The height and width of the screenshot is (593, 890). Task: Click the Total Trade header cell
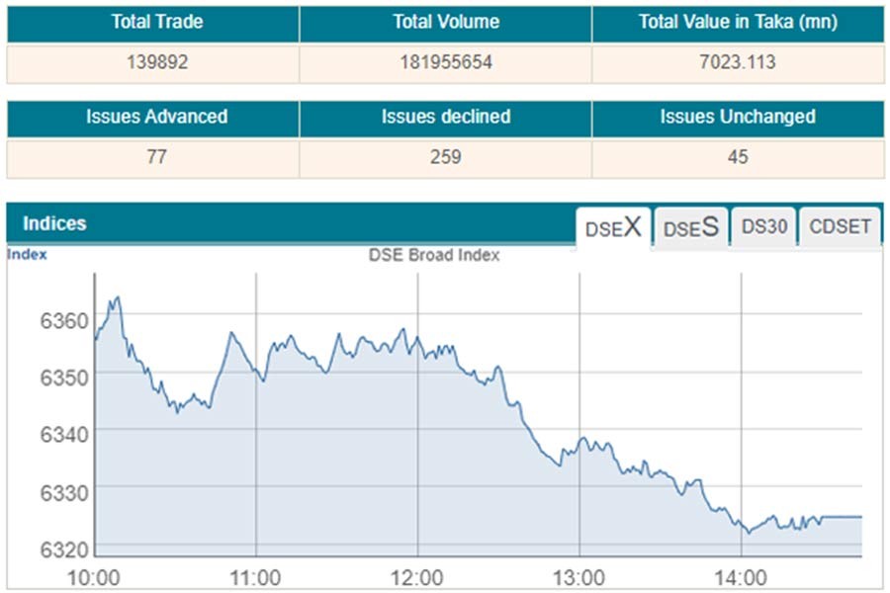pyautogui.click(x=156, y=22)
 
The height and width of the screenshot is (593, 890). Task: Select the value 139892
pyautogui.click(x=156, y=62)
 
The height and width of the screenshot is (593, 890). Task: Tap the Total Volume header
pyautogui.click(x=445, y=22)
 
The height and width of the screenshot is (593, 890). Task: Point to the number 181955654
pyautogui.click(x=445, y=62)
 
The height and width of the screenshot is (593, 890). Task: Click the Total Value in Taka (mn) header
pyautogui.click(x=738, y=22)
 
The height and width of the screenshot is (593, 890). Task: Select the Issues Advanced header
pyautogui.click(x=156, y=117)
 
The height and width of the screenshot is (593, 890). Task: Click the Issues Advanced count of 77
pyautogui.click(x=156, y=157)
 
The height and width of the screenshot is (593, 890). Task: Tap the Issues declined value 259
pyautogui.click(x=445, y=157)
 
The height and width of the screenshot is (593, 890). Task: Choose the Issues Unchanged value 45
pyautogui.click(x=737, y=157)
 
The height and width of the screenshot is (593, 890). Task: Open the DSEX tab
pyautogui.click(x=613, y=228)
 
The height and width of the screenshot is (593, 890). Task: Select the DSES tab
pyautogui.click(x=690, y=228)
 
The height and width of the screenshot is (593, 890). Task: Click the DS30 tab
pyautogui.click(x=764, y=226)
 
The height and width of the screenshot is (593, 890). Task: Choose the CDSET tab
pyautogui.click(x=841, y=226)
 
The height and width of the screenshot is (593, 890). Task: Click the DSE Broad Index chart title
pyautogui.click(x=434, y=255)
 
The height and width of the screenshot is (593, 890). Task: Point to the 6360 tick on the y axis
pyautogui.click(x=64, y=320)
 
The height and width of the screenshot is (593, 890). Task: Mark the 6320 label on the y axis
pyautogui.click(x=64, y=549)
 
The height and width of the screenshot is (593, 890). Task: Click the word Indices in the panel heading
pyautogui.click(x=54, y=224)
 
